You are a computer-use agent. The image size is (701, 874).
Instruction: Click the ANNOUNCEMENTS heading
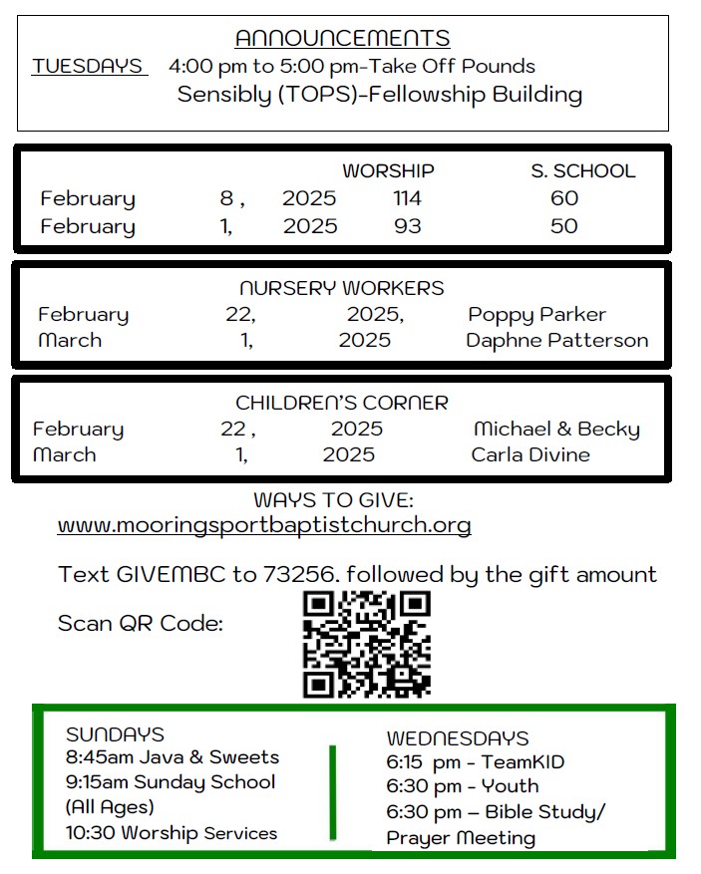coord(342,39)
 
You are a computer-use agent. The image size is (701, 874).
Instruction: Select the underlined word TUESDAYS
coord(88,67)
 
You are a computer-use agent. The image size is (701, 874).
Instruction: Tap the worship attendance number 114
coord(407,198)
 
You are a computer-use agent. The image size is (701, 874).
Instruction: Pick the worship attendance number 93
coord(407,226)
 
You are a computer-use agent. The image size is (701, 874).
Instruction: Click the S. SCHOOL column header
coord(582,171)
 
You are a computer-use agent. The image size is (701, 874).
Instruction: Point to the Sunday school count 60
coord(564,198)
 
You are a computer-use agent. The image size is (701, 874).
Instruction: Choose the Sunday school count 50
coord(564,226)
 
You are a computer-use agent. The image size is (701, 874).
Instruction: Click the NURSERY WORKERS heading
coord(342,288)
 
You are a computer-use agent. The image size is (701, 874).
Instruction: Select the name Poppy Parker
coord(536,315)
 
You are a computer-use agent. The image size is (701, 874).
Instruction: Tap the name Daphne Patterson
coord(556,341)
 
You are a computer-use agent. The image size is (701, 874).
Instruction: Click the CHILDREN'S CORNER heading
coord(342,404)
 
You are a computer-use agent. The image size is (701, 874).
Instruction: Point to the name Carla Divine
coord(530,455)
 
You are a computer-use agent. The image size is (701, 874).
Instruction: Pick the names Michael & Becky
coord(556,430)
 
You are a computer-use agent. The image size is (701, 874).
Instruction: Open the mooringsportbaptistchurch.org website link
coord(264,525)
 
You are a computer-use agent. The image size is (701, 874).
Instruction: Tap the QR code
coord(367,644)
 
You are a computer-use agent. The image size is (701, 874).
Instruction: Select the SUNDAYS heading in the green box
coord(115,735)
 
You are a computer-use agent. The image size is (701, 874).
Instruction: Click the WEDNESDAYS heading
coord(458,738)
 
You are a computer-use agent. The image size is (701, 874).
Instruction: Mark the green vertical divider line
coord(332,791)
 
